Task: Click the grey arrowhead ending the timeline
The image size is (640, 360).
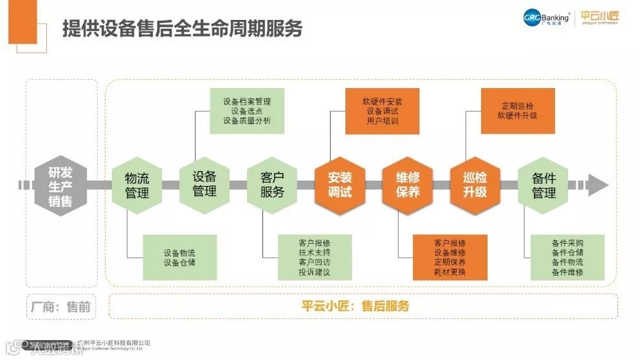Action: click(598, 185)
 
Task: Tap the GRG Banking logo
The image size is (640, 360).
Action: click(547, 17)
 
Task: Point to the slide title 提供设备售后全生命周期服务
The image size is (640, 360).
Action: click(182, 29)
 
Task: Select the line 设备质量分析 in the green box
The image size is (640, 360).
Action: click(247, 121)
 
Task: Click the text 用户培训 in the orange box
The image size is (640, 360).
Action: click(382, 121)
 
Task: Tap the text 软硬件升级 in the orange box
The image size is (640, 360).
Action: click(517, 116)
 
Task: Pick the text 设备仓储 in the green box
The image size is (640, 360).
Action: click(179, 262)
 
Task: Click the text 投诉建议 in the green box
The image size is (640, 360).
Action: click(315, 273)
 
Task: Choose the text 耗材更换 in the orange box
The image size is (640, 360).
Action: click(450, 273)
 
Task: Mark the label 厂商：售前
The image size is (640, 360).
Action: click(61, 307)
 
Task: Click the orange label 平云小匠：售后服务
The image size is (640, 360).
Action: click(356, 306)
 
